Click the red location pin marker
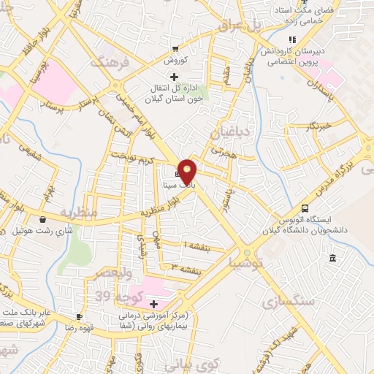(x=188, y=170)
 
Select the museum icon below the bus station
(x=333, y=258)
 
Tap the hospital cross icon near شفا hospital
(x=153, y=304)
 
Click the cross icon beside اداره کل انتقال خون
(x=174, y=76)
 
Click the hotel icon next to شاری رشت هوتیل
(x=43, y=219)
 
